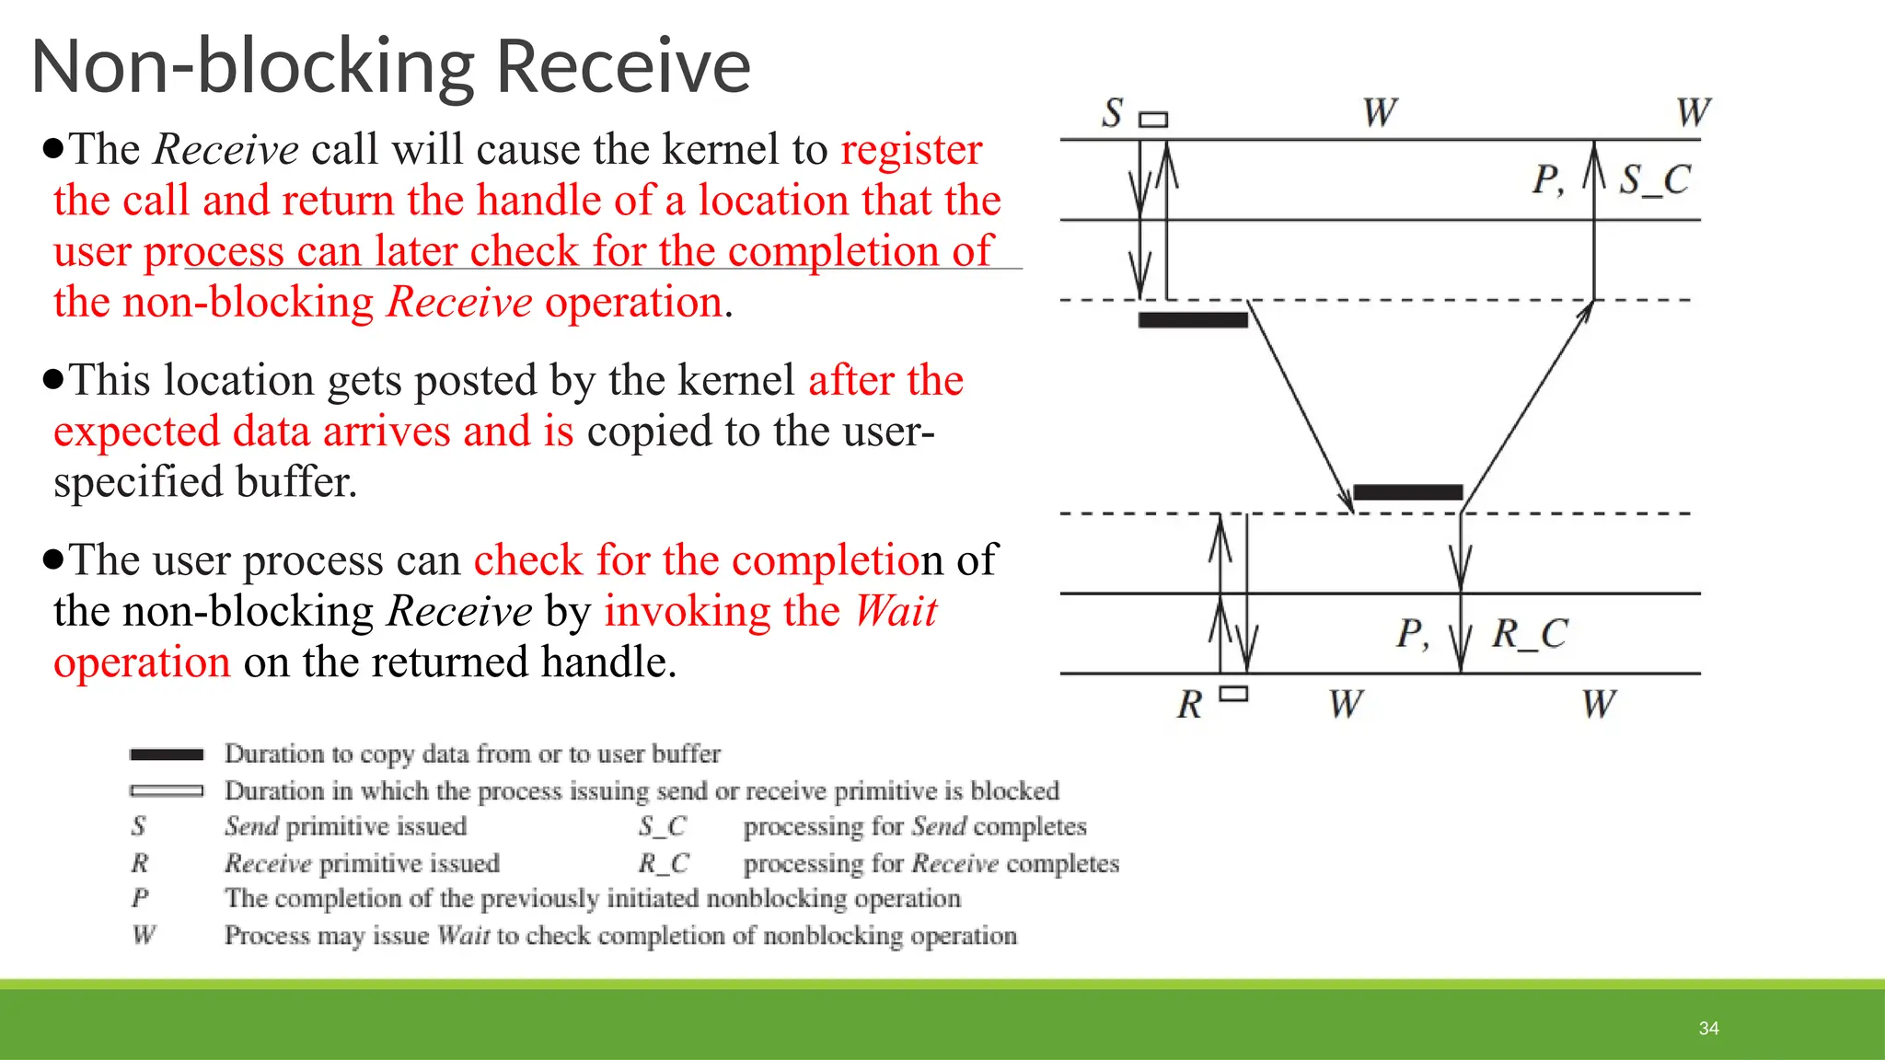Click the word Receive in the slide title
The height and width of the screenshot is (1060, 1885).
click(x=624, y=66)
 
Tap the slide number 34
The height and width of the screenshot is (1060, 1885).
click(x=1708, y=1028)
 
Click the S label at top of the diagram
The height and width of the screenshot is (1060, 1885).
click(x=1113, y=113)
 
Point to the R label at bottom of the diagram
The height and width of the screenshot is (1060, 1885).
click(x=1189, y=705)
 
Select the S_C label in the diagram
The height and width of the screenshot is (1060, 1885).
click(x=1655, y=179)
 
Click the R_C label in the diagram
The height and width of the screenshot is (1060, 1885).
click(x=1529, y=633)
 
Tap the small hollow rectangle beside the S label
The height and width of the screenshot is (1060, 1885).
click(x=1153, y=120)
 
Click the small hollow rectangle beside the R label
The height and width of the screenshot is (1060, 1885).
click(x=1233, y=694)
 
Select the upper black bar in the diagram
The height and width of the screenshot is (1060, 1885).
click(x=1193, y=320)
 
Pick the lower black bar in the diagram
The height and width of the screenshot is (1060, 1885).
click(x=1407, y=492)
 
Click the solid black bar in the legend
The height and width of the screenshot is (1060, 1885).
click(x=167, y=755)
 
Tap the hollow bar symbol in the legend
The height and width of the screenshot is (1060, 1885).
click(x=167, y=790)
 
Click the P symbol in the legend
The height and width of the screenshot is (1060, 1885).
click(x=140, y=898)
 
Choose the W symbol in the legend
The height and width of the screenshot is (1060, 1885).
click(x=144, y=935)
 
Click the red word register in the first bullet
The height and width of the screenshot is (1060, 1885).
click(x=911, y=149)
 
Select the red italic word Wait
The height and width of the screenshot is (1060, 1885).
click(x=896, y=611)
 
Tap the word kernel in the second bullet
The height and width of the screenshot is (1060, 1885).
click(x=735, y=380)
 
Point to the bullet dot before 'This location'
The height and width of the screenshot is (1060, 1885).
click(x=53, y=378)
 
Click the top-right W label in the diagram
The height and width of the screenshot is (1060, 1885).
click(x=1693, y=113)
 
